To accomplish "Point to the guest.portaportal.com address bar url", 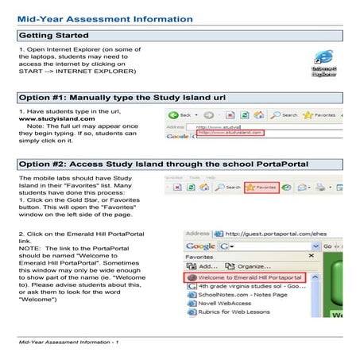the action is [x=269, y=234].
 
